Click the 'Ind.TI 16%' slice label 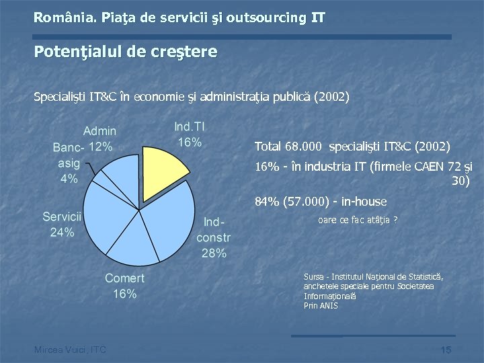pos(189,134)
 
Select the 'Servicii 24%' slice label pos(62,225)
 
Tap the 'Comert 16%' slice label pos(124,286)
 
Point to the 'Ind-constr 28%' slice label pos(213,237)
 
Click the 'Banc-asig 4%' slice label pos(69,163)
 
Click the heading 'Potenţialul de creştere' pos(126,52)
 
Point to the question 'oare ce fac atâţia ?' pos(357,219)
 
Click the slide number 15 pos(445,350)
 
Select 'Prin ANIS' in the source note pos(321,306)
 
